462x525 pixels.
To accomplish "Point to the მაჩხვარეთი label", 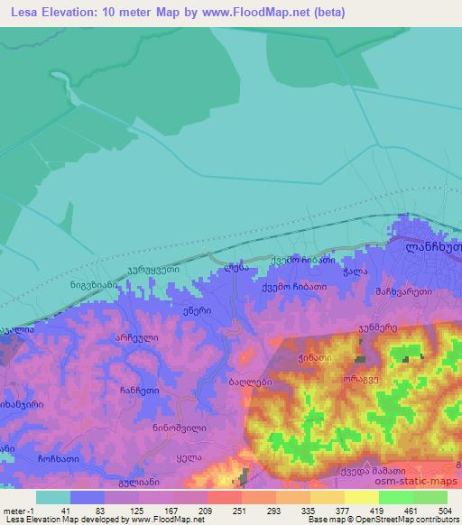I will click(x=404, y=292).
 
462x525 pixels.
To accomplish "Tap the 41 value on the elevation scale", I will click(x=67, y=510).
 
